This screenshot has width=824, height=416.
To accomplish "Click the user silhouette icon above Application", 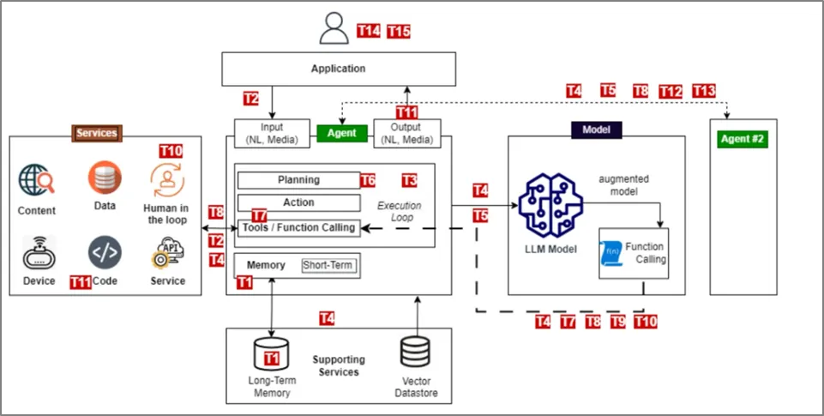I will [334, 28].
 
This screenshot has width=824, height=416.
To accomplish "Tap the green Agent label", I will [342, 134].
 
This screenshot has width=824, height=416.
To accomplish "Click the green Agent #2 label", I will [743, 139].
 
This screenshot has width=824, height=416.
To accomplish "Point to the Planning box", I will [298, 180].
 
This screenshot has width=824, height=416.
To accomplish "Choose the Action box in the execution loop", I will [298, 203].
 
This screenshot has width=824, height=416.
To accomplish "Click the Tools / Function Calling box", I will [298, 227].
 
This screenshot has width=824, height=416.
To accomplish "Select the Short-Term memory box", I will [326, 265].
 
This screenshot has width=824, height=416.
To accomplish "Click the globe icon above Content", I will [36, 181].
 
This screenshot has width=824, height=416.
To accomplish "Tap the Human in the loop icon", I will [166, 179].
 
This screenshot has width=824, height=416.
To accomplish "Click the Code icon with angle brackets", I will [105, 254].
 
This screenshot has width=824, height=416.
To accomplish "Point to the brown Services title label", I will [96, 133].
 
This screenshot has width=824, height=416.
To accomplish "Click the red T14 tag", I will [368, 31].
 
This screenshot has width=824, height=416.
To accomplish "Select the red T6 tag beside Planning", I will [368, 180].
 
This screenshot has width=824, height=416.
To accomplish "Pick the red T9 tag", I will [617, 322].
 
